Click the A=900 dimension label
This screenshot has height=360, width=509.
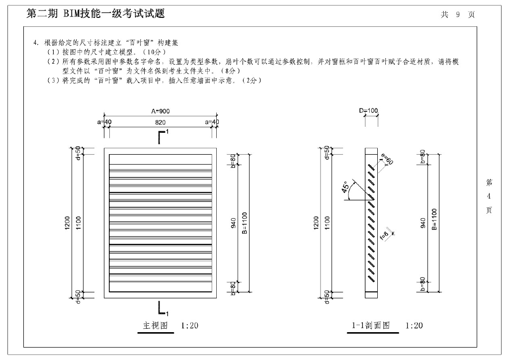(160, 111)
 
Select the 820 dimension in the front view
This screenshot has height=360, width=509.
(160, 122)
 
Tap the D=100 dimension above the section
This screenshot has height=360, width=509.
(368, 111)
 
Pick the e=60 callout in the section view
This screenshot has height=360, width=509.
(385, 160)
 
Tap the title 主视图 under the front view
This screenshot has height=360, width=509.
(155, 326)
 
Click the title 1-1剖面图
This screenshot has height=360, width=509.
(370, 326)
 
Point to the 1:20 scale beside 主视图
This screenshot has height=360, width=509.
(190, 326)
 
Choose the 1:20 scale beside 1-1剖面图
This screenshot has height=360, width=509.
(414, 326)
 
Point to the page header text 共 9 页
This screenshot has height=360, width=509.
(457, 14)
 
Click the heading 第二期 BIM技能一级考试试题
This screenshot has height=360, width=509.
(95, 14)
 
